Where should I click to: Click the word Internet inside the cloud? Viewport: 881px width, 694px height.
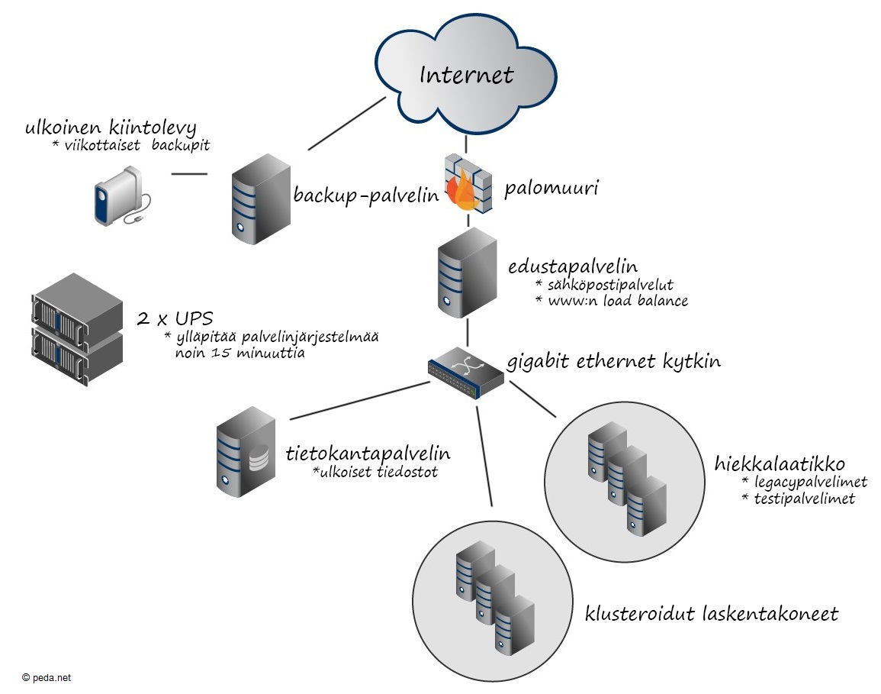[467, 75]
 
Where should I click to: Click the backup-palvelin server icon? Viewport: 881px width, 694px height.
[259, 199]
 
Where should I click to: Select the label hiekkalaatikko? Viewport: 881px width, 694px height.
[780, 463]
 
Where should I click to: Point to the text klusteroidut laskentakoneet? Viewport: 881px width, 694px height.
[711, 613]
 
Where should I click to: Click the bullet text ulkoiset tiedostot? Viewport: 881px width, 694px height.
[375, 473]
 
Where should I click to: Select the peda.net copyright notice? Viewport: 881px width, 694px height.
[47, 677]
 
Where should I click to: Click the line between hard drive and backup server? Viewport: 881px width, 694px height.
[189, 174]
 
